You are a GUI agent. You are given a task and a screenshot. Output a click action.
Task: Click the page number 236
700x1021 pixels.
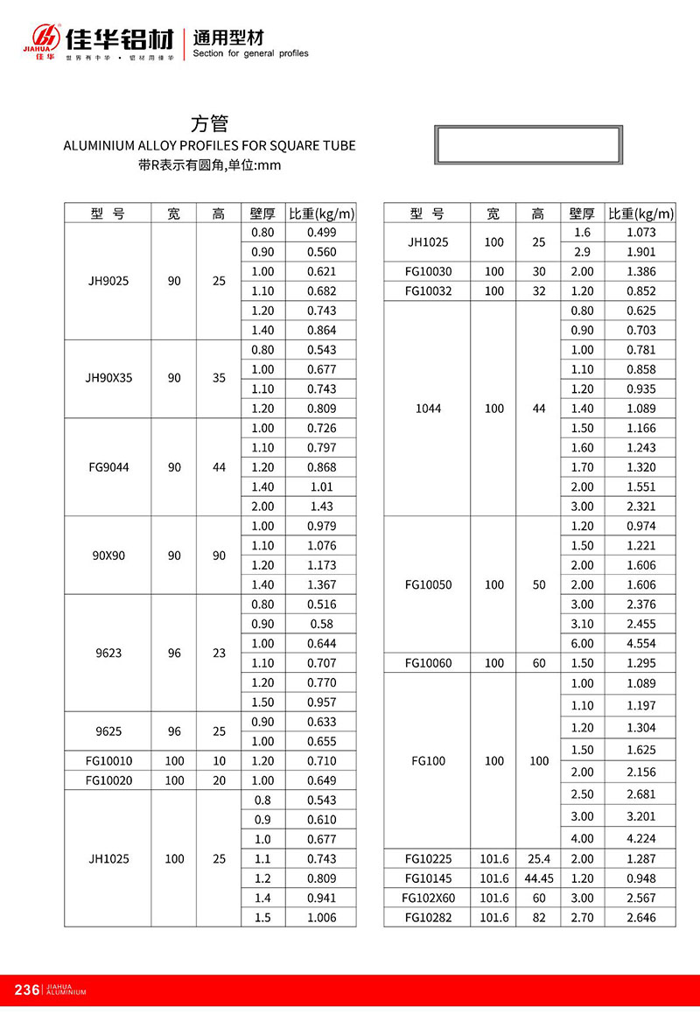(x=27, y=990)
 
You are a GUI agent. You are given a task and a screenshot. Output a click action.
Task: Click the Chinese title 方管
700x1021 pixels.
(x=209, y=124)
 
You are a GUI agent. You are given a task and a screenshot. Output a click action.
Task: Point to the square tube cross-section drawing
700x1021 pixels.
(x=528, y=144)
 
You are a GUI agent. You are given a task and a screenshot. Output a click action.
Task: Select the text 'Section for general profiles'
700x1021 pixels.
(x=250, y=53)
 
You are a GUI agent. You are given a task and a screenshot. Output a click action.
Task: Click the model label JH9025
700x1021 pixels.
(x=108, y=281)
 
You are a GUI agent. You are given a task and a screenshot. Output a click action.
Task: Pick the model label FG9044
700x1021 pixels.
(x=108, y=467)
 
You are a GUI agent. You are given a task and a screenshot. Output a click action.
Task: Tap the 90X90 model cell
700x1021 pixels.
(x=108, y=556)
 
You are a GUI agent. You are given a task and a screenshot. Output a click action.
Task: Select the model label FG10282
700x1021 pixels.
(x=428, y=917)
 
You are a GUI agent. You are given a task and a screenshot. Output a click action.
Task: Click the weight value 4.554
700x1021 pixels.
(x=641, y=643)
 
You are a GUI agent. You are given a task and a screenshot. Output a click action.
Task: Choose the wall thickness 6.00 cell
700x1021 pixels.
(x=582, y=643)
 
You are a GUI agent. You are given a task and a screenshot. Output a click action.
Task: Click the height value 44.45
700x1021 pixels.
(x=537, y=878)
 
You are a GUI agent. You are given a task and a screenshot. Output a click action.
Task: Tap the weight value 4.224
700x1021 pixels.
(x=641, y=838)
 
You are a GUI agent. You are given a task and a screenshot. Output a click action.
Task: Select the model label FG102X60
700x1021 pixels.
(x=428, y=898)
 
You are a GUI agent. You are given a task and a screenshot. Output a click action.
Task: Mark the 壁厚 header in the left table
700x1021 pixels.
(x=262, y=213)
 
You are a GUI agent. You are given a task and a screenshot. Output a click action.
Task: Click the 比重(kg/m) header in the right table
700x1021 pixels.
(x=641, y=213)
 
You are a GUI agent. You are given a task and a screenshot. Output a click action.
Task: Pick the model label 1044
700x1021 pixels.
(x=428, y=409)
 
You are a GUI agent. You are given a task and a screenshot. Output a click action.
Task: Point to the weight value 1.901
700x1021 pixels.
(x=641, y=252)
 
